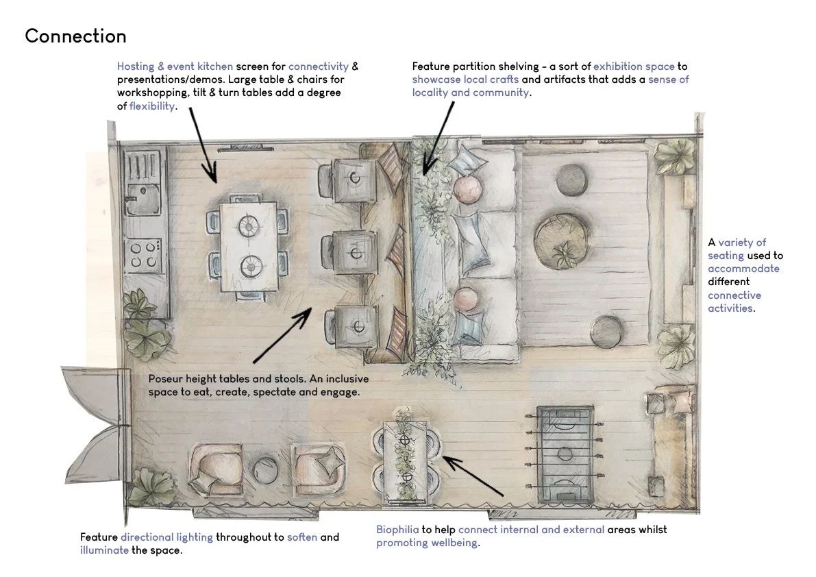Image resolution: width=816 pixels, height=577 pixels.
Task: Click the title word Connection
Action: (x=75, y=36)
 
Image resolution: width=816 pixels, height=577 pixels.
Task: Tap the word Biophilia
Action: (x=397, y=530)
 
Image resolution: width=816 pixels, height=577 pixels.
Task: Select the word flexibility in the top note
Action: (x=152, y=106)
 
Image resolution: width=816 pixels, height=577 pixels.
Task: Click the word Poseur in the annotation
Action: (x=165, y=379)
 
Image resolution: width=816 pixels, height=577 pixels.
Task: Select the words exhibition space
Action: (x=634, y=66)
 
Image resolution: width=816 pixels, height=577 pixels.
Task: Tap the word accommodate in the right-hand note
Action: (x=743, y=269)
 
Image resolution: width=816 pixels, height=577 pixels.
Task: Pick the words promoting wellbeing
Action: (x=428, y=543)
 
